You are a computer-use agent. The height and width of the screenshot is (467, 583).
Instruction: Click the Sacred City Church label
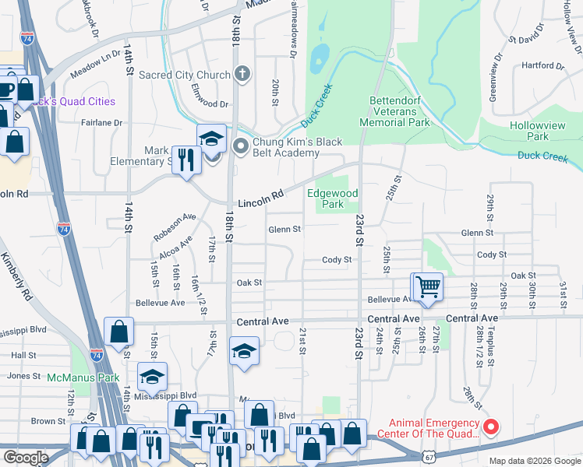point(184,75)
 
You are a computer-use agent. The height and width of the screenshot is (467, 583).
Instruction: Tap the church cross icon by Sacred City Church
point(242,75)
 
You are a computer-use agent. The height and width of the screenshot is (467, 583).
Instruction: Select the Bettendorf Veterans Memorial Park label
point(394,111)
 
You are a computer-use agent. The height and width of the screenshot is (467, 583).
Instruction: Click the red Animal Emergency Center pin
point(491,427)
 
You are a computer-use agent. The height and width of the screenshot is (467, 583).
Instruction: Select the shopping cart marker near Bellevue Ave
point(428,287)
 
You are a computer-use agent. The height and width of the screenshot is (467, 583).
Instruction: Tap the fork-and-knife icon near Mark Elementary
point(186,160)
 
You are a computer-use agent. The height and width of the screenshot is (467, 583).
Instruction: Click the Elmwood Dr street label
point(210,104)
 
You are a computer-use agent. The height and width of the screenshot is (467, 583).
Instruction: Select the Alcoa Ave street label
point(175,251)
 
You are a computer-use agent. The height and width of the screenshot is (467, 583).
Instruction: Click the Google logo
point(26,457)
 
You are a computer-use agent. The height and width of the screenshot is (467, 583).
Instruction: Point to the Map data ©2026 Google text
point(535,462)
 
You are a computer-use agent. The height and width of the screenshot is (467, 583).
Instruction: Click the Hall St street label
point(24,355)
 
